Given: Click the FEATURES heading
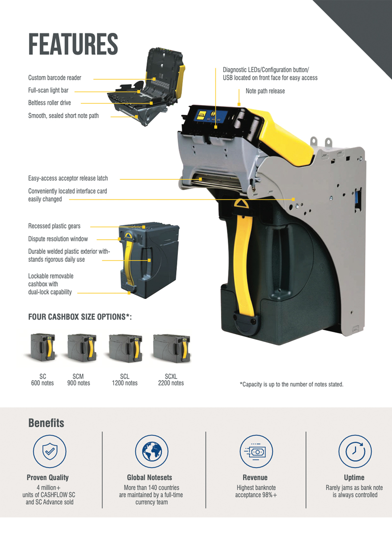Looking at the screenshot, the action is [73, 44].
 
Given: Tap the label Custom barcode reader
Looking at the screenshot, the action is [55, 78].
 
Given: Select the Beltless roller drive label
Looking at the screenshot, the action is [49, 102].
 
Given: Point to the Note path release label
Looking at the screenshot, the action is [265, 91].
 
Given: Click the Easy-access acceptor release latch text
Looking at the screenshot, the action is [68, 178].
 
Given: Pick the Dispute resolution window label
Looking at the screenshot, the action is [58, 239].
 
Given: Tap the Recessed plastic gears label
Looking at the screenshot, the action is [54, 226].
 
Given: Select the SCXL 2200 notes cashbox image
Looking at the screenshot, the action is [171, 348].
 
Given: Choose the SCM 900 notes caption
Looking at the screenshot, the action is [78, 379].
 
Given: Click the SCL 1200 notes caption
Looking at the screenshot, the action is [124, 379].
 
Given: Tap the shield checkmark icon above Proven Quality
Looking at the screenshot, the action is [49, 451].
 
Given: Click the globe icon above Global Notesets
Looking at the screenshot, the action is [151, 451].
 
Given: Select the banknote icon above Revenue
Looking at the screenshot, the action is [256, 451].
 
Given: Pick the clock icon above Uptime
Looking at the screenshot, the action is [355, 451].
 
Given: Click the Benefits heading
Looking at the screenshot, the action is [46, 423].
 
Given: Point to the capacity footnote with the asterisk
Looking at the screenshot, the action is [292, 384].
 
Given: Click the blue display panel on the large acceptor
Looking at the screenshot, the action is [210, 118].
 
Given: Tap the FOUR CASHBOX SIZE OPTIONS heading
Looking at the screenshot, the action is [80, 317].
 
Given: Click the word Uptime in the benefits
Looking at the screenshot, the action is [354, 477].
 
